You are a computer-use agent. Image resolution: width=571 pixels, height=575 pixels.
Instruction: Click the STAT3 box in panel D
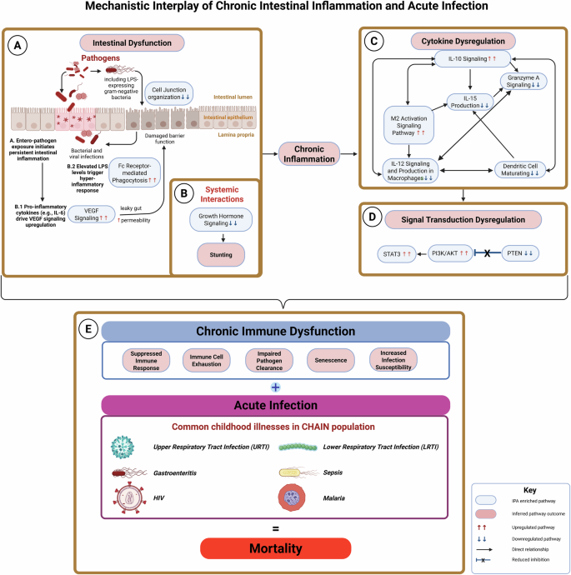tap(393, 250)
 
